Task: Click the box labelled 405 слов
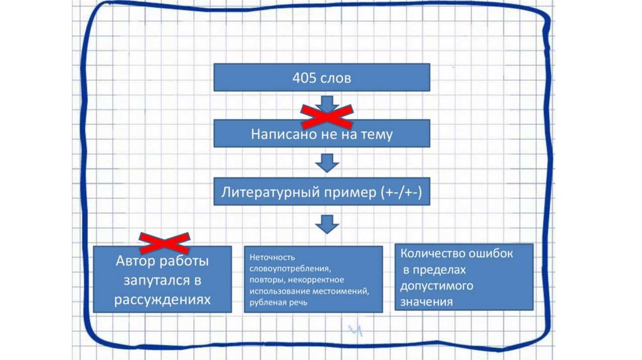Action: click(x=322, y=78)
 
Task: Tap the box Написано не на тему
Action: click(x=322, y=134)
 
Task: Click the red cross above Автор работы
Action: click(x=164, y=241)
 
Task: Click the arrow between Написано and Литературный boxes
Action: click(x=326, y=163)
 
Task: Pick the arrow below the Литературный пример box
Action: click(x=326, y=223)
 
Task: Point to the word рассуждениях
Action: click(x=162, y=299)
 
